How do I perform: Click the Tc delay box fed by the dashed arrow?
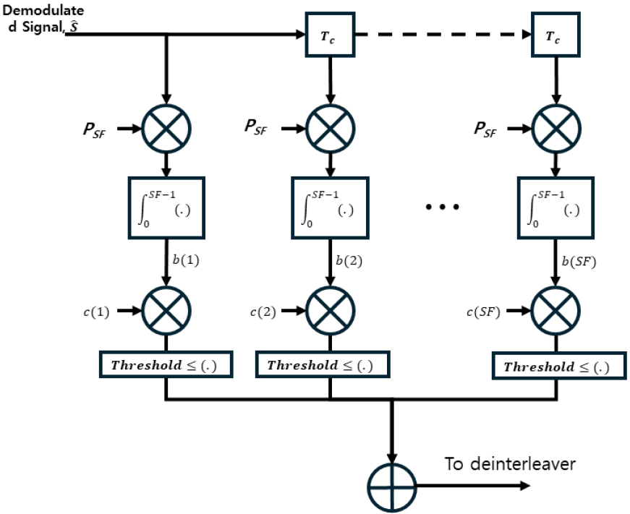pyautogui.click(x=556, y=34)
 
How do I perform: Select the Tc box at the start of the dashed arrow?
pyautogui.click(x=330, y=34)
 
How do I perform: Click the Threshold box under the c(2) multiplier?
pyautogui.click(x=323, y=365)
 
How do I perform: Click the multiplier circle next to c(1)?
pyautogui.click(x=167, y=310)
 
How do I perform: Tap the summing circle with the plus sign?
pyautogui.click(x=392, y=486)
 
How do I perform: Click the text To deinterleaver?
pyautogui.click(x=510, y=463)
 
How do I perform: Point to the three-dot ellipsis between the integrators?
pyautogui.click(x=442, y=207)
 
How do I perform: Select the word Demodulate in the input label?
pyautogui.click(x=43, y=11)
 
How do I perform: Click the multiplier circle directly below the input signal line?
pyautogui.click(x=167, y=129)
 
